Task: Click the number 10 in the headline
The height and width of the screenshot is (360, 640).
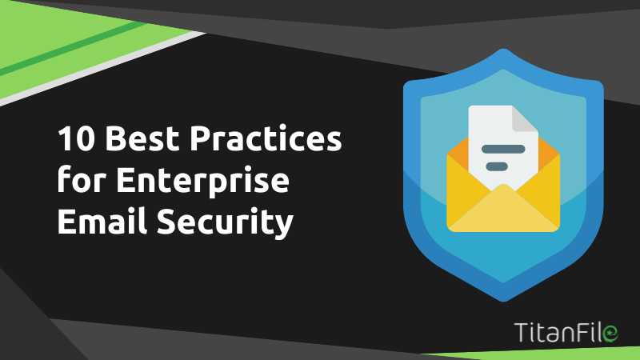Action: point(76,138)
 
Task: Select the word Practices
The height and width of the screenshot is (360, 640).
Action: point(266,138)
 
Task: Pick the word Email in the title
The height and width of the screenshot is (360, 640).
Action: point(102,221)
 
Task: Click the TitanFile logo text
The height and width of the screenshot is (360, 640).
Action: point(566,332)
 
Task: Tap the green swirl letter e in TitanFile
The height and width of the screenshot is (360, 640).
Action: point(610,333)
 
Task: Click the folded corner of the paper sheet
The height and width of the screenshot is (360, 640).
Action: point(526,119)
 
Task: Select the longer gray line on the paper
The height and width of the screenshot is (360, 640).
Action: point(503,149)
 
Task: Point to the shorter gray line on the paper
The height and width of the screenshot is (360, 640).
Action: point(497,166)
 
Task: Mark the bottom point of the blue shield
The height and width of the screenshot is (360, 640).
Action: point(503,302)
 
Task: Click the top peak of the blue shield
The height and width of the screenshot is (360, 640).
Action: point(503,50)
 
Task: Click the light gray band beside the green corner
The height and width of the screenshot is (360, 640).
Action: point(102,69)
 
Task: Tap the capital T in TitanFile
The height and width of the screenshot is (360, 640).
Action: point(522,332)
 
